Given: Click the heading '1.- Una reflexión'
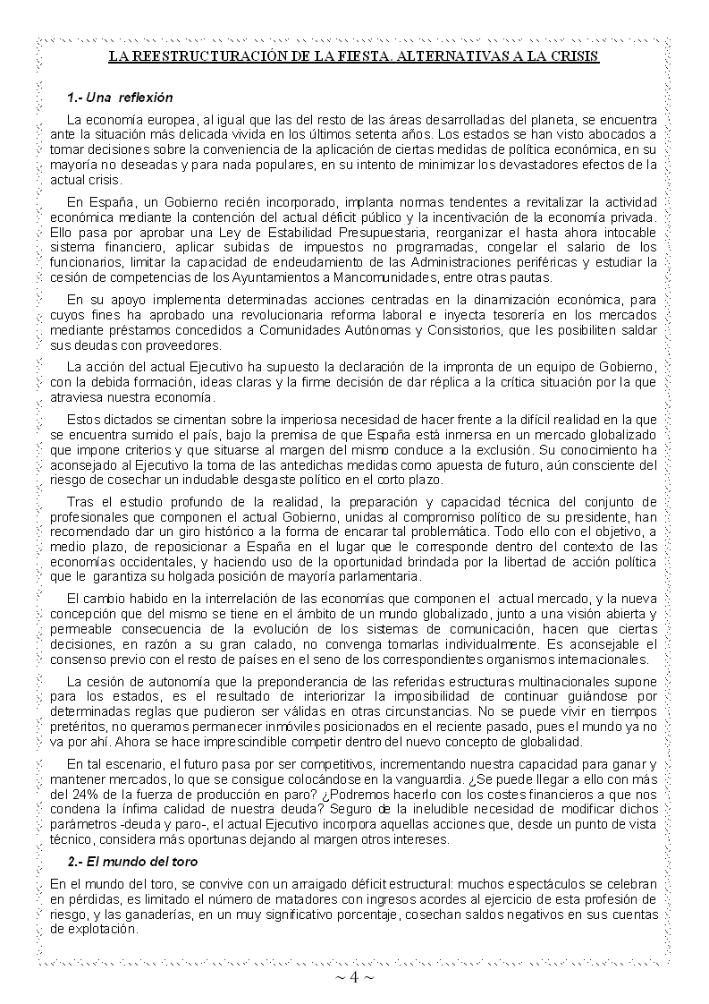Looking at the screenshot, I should [x=120, y=98].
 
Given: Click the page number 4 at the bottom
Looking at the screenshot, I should [x=354, y=977].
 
